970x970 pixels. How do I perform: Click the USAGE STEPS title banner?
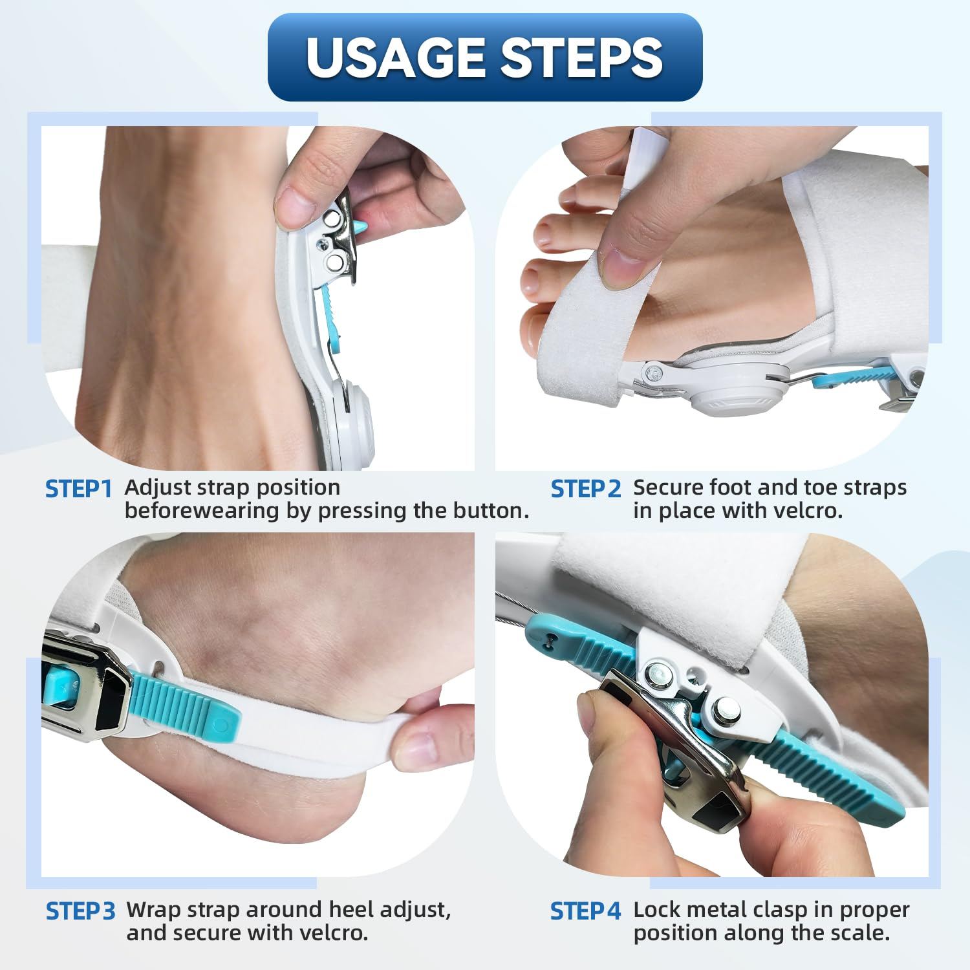(x=485, y=57)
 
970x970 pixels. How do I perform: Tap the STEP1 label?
(x=79, y=490)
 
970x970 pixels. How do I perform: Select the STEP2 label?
(x=585, y=490)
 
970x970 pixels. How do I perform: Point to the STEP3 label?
(x=80, y=912)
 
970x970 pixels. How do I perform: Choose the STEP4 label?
(x=585, y=912)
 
